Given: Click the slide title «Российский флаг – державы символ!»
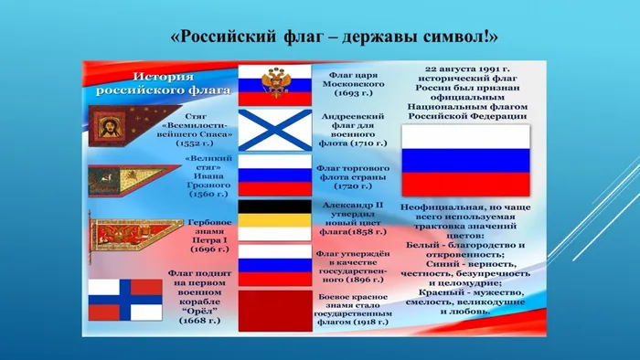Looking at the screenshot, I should coord(335,37).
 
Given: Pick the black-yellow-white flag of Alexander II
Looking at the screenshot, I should coord(273,219).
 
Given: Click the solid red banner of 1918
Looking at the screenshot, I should coord(273,312).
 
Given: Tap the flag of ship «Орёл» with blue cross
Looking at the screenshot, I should coord(112,298).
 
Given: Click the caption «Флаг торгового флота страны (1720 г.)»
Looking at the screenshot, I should coord(353,179).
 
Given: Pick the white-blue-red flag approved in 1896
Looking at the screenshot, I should coord(273,265).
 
